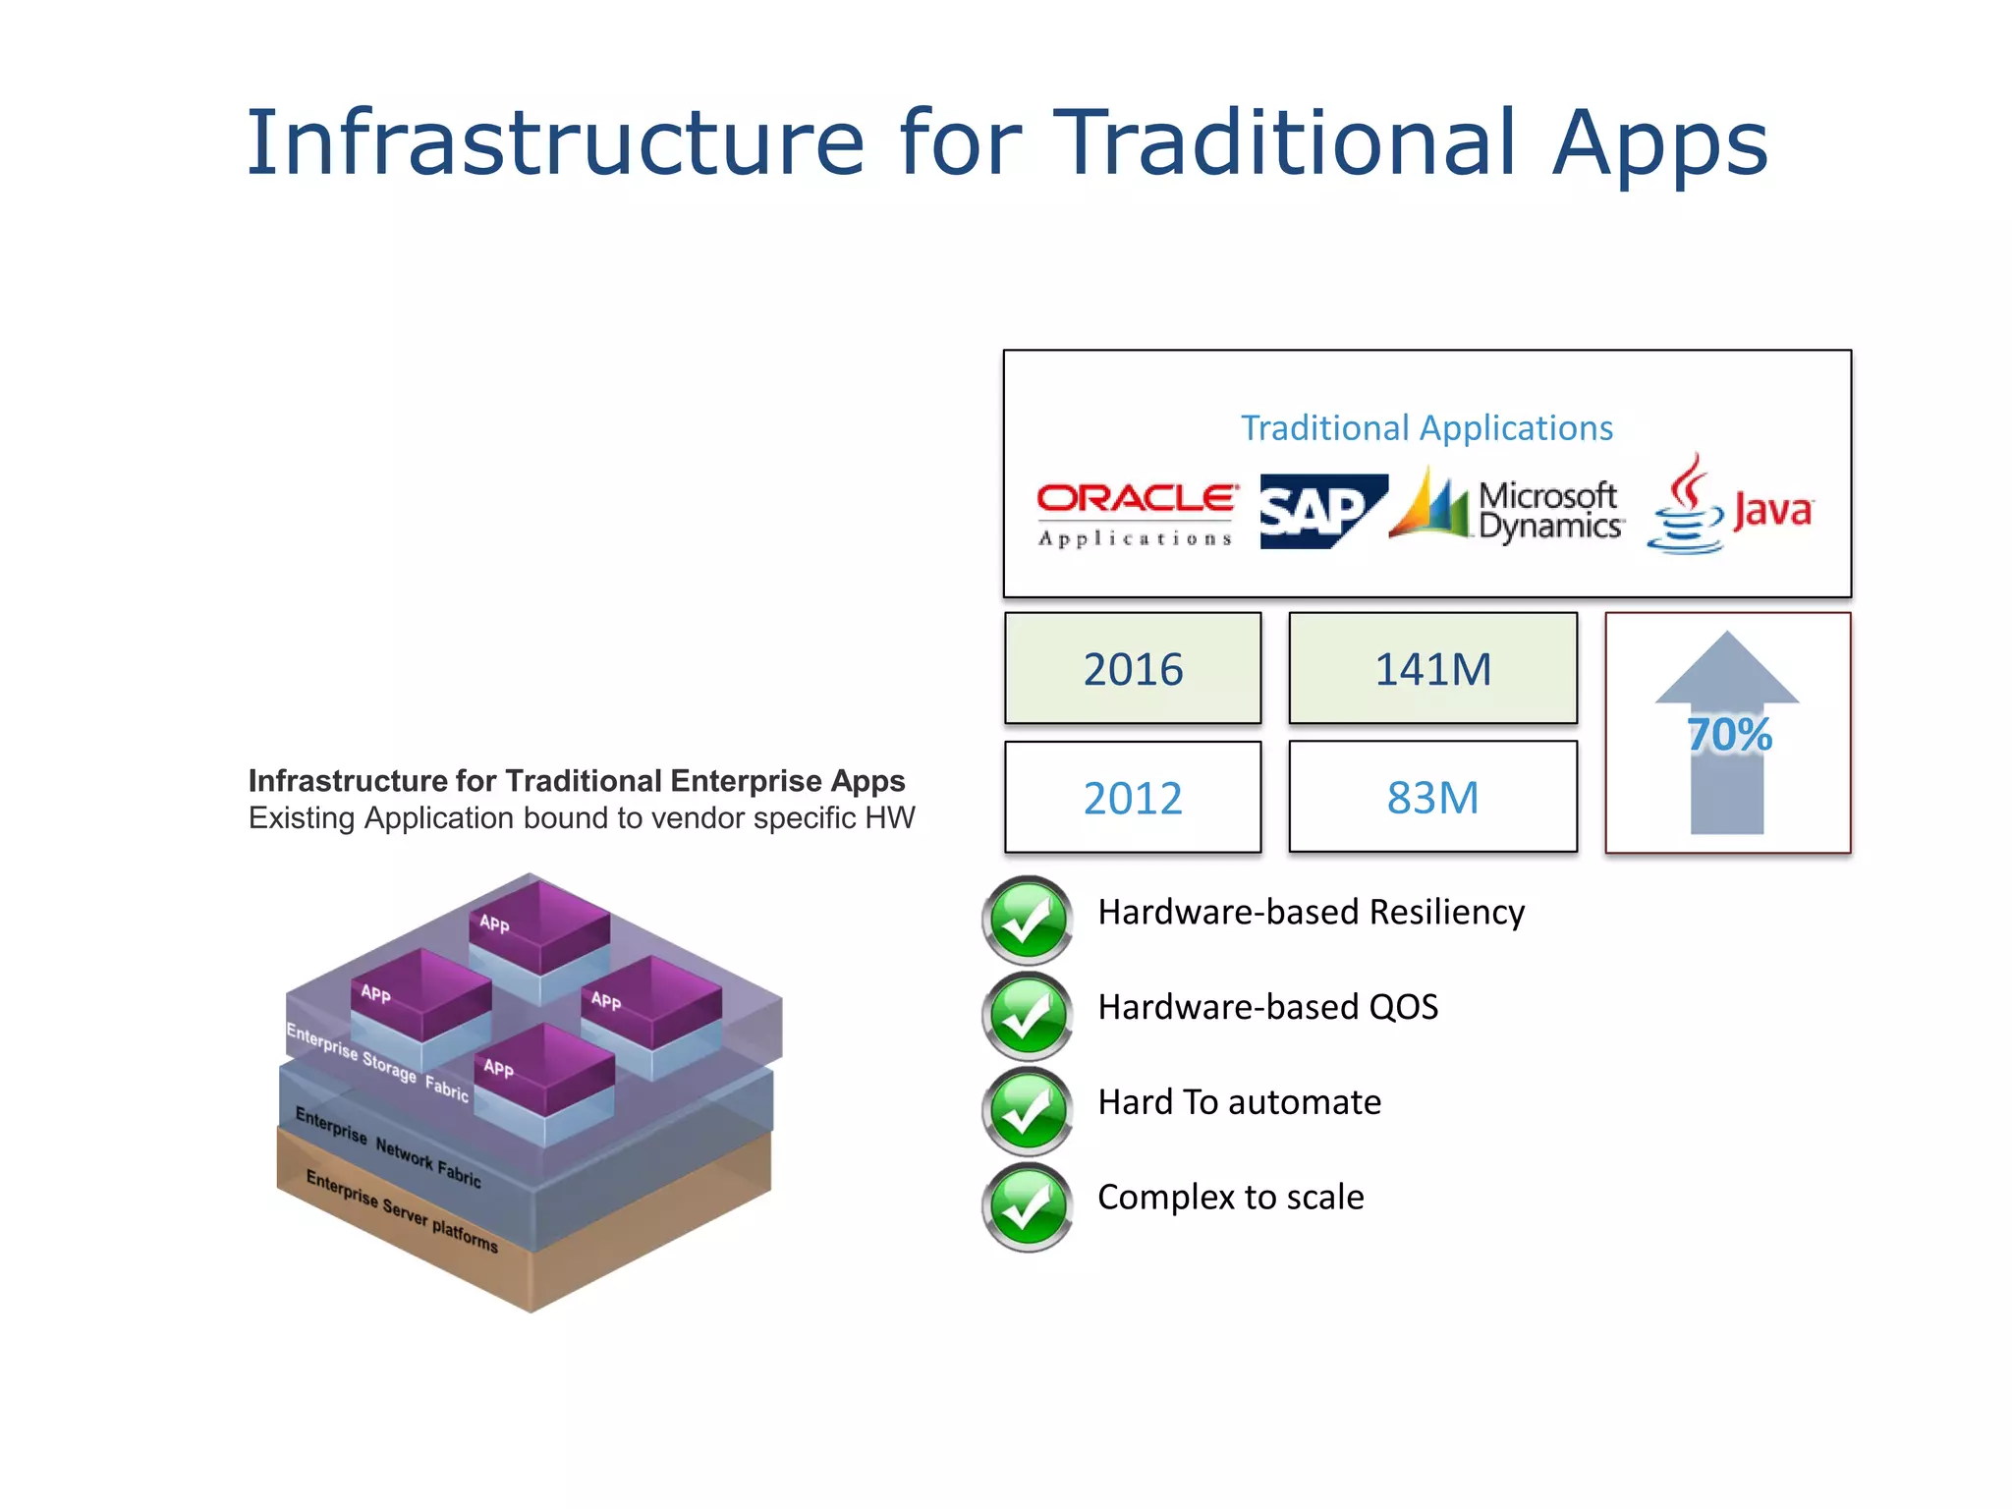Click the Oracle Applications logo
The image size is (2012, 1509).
coord(1136,513)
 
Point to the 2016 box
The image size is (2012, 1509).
coord(1133,669)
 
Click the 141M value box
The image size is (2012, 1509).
coord(1432,669)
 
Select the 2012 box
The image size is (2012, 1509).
coord(1133,798)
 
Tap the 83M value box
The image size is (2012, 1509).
coord(1432,798)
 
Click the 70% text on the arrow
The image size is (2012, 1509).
coord(1729,735)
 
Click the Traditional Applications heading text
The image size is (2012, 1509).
coord(1426,428)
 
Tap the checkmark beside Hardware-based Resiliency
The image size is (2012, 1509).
coord(1028,921)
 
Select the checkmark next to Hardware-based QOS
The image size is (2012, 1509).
coord(1028,1016)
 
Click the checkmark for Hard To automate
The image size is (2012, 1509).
coord(1028,1111)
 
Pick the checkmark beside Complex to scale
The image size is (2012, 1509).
coord(1028,1206)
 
